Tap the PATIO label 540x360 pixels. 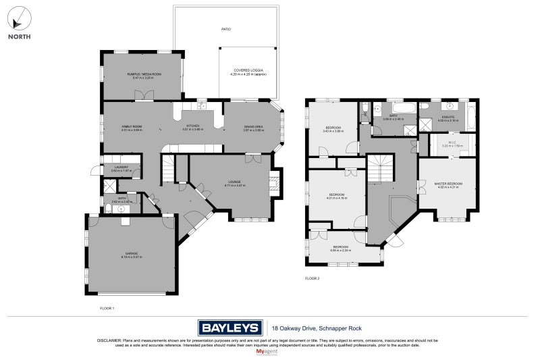tap(226, 30)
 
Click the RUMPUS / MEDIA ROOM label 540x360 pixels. tap(143, 74)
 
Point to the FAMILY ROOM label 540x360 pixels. tap(132, 127)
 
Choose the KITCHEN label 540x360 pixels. tap(193, 127)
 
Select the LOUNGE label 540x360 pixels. tap(234, 182)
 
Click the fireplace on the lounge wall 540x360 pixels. tap(273, 183)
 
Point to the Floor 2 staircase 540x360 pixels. tap(379, 168)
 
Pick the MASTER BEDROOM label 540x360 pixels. tap(447, 184)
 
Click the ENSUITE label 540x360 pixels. tap(448, 117)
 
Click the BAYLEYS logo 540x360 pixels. tap(230, 328)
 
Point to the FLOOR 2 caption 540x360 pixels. tap(312, 278)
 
